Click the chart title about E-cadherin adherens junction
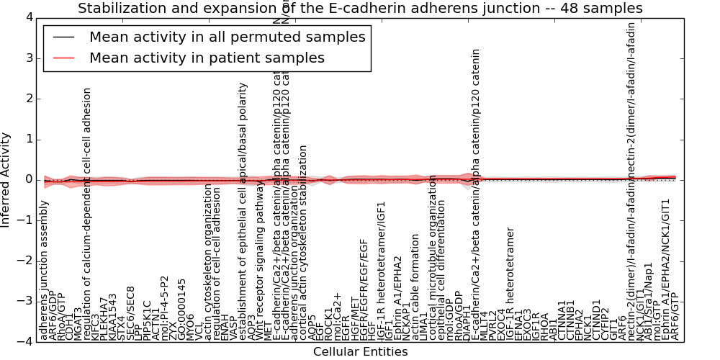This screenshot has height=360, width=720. point(360,9)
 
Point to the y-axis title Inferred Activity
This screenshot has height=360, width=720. point(6,180)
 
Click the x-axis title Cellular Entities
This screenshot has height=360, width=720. point(360,351)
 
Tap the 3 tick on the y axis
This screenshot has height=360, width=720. point(28,58)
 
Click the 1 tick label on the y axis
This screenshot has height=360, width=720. point(28,139)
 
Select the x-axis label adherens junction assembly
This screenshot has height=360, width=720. point(45,274)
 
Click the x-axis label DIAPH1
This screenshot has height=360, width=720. point(468,321)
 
